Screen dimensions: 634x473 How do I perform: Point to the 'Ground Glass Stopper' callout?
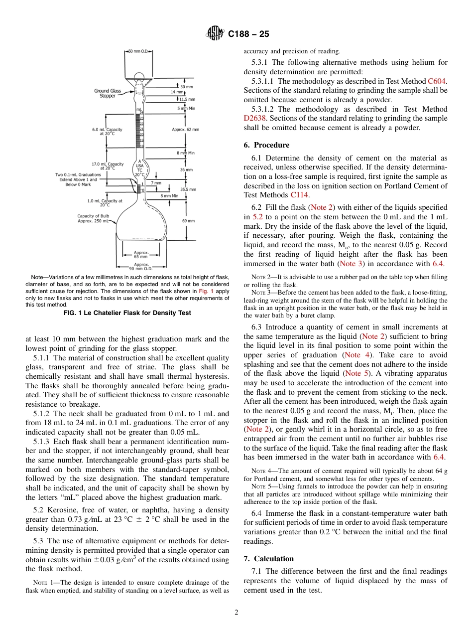[x=108, y=93]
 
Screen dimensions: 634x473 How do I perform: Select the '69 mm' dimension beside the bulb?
[x=189, y=220]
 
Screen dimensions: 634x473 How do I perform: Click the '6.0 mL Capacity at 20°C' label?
[x=107, y=132]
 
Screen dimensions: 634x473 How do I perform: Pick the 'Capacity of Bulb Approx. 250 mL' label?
[x=94, y=218]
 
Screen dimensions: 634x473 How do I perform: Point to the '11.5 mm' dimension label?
[x=187, y=99]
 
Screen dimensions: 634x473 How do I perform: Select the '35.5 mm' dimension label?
[x=188, y=189]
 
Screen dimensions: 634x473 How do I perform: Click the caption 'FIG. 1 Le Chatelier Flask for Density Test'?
[x=127, y=313]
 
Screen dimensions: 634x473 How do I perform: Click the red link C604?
[x=437, y=81]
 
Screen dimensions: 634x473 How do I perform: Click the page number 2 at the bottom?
[x=236, y=613]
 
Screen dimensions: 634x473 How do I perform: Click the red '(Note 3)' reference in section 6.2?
[x=352, y=264]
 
